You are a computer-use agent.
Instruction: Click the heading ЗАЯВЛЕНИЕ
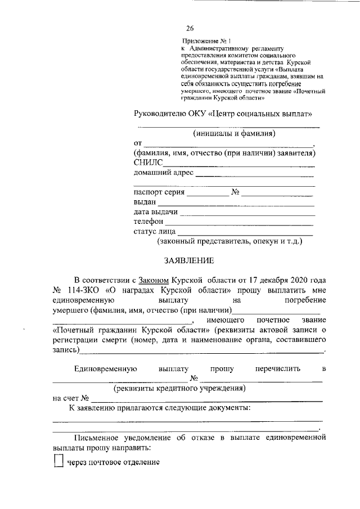[x=188, y=261]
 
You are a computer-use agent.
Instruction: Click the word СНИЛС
[x=148, y=163]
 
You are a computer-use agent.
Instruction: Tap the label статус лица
[x=155, y=232]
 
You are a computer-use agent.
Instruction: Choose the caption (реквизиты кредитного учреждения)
[x=179, y=388]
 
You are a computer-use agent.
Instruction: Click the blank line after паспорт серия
[x=208, y=195]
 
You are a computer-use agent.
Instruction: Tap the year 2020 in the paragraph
[x=298, y=280]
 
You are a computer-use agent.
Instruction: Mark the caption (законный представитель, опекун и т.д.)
[x=229, y=241]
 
